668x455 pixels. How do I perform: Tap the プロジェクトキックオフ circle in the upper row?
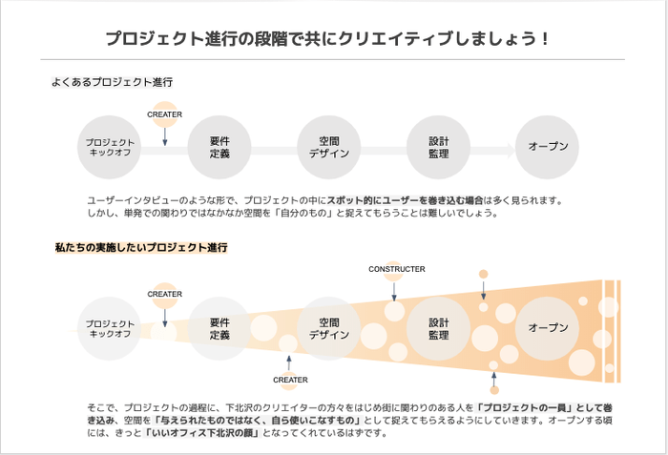111,147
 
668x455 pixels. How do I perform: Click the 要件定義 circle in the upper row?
219,147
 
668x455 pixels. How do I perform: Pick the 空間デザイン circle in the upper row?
329,147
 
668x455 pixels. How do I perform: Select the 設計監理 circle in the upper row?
438,147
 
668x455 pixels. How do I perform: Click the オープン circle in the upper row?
547,147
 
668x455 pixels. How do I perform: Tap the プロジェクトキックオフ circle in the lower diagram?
111,328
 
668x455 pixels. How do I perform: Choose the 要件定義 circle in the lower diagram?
219,328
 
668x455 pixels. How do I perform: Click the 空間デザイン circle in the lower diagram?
329,328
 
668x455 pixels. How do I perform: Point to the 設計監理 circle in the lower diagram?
438,328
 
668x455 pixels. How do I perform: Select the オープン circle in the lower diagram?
547,328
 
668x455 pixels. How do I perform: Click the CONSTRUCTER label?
396,269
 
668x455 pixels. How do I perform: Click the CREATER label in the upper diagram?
164,114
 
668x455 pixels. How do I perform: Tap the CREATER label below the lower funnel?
289,380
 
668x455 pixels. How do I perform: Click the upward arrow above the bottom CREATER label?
289,362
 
